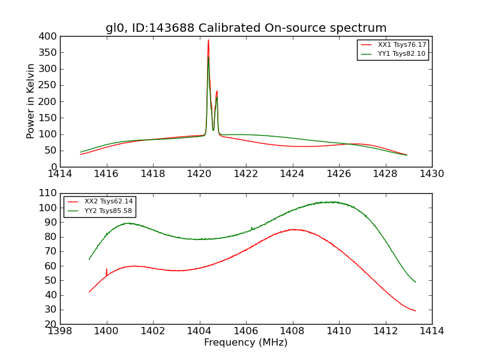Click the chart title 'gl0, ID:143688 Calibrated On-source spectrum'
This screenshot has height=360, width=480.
click(246, 28)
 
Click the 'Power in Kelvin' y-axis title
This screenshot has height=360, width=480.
click(31, 101)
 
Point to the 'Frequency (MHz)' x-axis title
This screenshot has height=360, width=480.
click(246, 343)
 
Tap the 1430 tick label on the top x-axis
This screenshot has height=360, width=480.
click(431, 174)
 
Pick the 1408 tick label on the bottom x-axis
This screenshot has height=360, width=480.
click(292, 331)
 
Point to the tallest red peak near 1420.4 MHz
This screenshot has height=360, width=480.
click(208, 41)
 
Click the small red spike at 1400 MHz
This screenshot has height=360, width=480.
click(107, 270)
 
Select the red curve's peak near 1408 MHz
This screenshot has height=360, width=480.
click(292, 229)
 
